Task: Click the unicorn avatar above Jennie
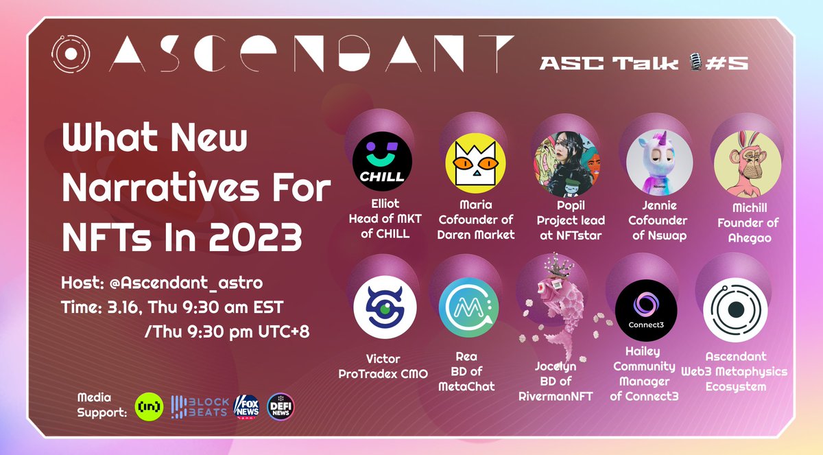[x=653, y=165]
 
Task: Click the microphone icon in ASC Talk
[x=693, y=63]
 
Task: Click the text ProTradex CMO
[x=383, y=373]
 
